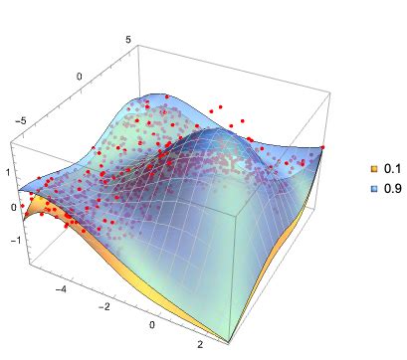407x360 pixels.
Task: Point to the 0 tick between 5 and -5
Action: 81,76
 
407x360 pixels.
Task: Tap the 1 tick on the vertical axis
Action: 6,171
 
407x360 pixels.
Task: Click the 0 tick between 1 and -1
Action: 13,207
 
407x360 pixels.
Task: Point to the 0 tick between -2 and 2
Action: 152,325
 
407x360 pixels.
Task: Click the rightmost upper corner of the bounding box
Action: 327,95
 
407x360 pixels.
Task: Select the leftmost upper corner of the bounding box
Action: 12,139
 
